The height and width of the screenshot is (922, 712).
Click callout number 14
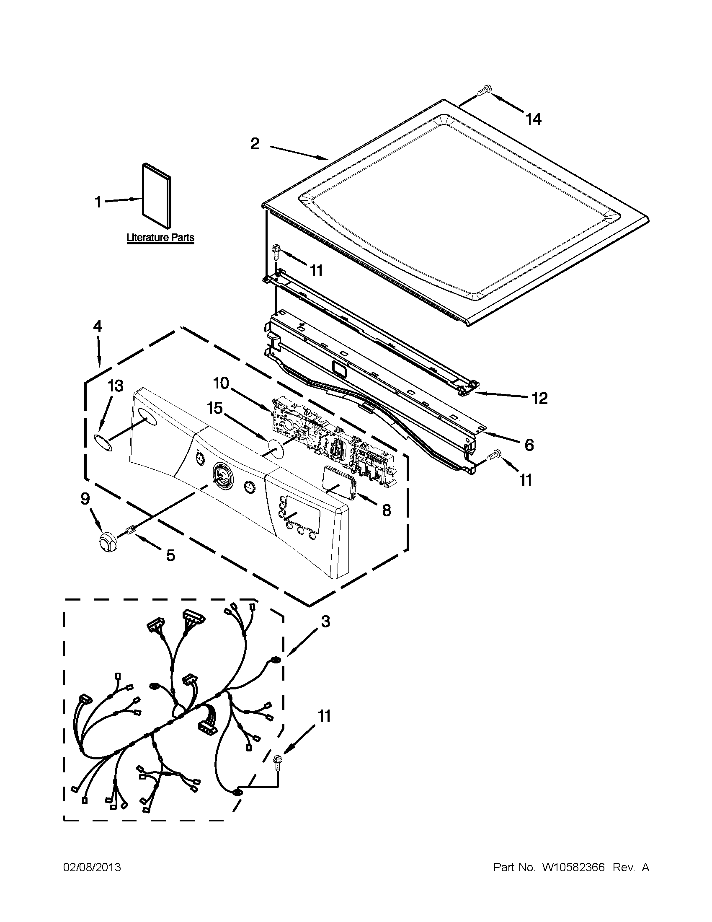click(534, 119)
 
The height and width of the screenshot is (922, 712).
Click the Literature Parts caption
click(161, 238)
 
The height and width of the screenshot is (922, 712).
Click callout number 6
click(529, 445)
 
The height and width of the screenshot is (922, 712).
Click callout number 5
click(170, 556)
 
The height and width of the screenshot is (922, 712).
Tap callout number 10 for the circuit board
click(221, 384)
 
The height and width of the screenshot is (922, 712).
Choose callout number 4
click(98, 326)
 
